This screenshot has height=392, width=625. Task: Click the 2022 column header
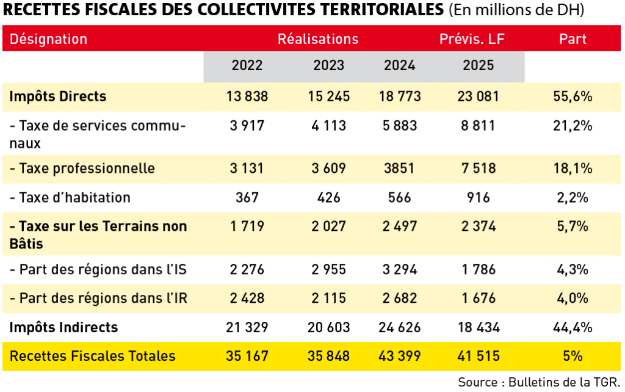(247, 65)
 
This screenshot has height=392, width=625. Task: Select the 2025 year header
(479, 65)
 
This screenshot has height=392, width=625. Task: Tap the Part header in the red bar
(573, 39)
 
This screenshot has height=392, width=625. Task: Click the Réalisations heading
(318, 39)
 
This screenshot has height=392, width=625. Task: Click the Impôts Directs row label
(58, 96)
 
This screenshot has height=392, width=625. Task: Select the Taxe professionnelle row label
(82, 169)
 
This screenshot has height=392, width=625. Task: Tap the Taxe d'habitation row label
(70, 198)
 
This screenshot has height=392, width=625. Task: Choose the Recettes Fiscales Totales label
(93, 356)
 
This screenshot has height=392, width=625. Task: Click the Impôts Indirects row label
(63, 327)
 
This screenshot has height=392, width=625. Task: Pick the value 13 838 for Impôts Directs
(247, 96)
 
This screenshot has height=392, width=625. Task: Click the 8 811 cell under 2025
(479, 126)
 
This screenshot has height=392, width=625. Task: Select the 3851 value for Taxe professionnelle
(400, 169)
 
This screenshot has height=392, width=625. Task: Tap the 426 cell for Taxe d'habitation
(329, 198)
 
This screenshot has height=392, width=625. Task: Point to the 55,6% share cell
(573, 96)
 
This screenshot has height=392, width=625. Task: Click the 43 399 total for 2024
(400, 356)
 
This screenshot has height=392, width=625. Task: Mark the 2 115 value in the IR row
(329, 299)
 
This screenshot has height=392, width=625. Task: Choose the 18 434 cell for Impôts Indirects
(479, 327)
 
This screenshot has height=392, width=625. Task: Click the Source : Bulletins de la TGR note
(539, 382)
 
